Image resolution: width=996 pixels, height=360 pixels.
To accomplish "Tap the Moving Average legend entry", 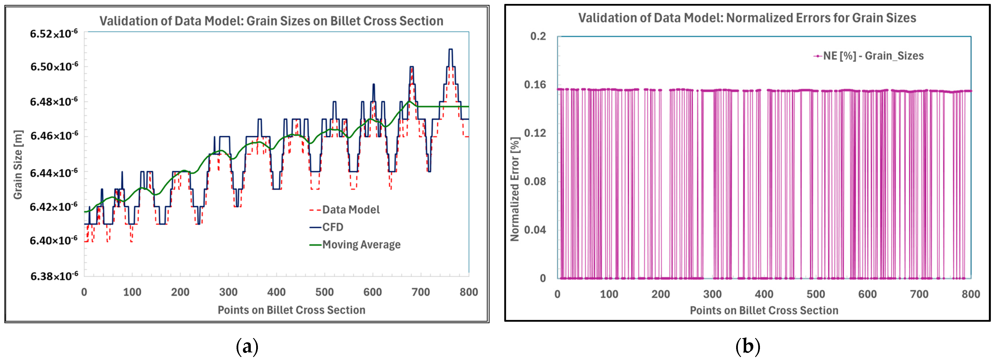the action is click(355, 245).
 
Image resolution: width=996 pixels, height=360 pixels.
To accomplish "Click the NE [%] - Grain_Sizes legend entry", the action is click(868, 56).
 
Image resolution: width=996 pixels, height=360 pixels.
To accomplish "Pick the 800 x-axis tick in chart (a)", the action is click(469, 292).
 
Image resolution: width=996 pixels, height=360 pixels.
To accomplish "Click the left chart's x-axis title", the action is click(292, 310).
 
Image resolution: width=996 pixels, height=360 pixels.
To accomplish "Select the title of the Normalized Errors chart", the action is click(747, 18).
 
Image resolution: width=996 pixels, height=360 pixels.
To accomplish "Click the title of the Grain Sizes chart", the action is click(271, 21).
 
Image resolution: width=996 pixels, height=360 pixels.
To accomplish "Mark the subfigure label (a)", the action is click(247, 347).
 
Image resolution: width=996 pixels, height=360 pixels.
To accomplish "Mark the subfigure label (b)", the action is click(747, 347).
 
